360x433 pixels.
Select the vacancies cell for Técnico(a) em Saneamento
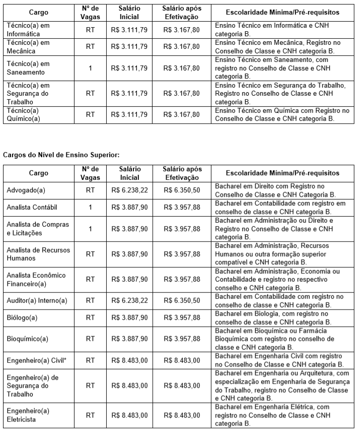coord(90,68)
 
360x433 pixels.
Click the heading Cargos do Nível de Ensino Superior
coord(61,155)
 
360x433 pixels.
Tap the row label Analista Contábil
coord(32,208)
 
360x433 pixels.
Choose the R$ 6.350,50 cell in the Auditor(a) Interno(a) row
coord(182,300)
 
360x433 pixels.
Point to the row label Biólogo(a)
coord(22,318)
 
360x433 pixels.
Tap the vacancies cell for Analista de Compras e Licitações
coord(90,228)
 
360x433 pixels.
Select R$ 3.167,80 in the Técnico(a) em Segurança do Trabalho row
coord(182,93)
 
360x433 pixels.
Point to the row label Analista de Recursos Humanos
coord(38,254)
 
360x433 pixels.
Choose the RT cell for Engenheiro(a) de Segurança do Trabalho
coord(90,385)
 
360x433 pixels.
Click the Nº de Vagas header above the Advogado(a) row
coord(90,173)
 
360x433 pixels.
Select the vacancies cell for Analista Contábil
coord(90,208)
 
